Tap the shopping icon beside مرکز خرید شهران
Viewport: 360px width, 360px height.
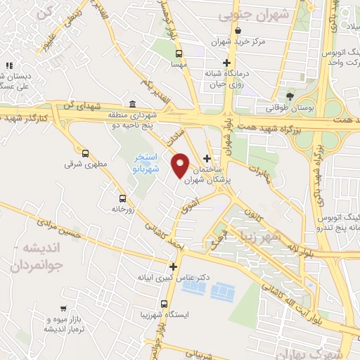pyautogui.click(x=240, y=30)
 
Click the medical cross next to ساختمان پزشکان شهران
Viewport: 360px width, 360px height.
pyautogui.click(x=206, y=157)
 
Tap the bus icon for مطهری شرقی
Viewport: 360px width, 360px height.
pyautogui.click(x=86, y=153)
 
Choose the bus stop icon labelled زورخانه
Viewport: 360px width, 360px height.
pyautogui.click(x=123, y=198)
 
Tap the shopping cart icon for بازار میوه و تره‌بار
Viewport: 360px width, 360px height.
pyautogui.click(x=63, y=308)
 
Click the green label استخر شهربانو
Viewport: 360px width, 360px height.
pyautogui.click(x=147, y=164)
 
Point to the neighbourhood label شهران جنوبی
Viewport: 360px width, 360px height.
pyautogui.click(x=244, y=13)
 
